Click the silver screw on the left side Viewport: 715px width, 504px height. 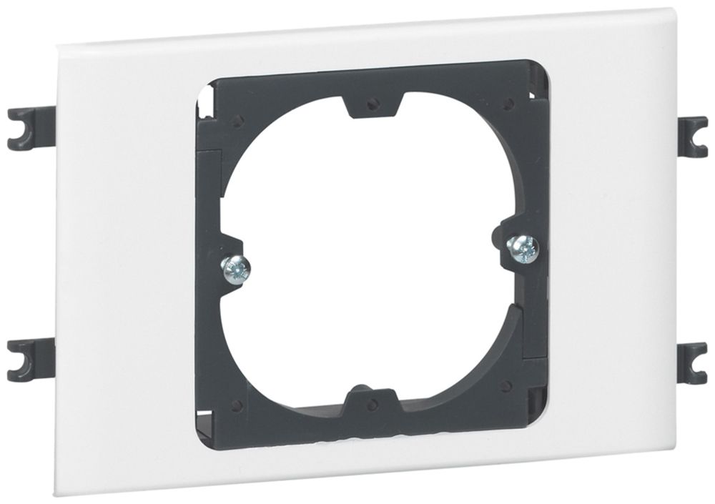pyautogui.click(x=235, y=269)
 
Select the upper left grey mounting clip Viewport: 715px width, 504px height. pyautogui.click(x=27, y=127)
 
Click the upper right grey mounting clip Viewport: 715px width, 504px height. pyautogui.click(x=691, y=136)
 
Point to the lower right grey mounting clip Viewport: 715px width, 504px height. pyautogui.click(x=691, y=362)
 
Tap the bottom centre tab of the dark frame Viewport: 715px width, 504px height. pyautogui.click(x=373, y=402)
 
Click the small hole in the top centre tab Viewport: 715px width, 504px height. pyautogui.click(x=372, y=104)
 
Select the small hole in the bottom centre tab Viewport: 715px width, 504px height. pyautogui.click(x=372, y=405)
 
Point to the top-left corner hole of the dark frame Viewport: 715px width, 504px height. pyautogui.click(x=238, y=120)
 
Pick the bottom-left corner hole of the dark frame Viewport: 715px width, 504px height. pyautogui.click(x=237, y=405)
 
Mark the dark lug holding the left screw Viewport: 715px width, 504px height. pyautogui.click(x=229, y=265)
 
